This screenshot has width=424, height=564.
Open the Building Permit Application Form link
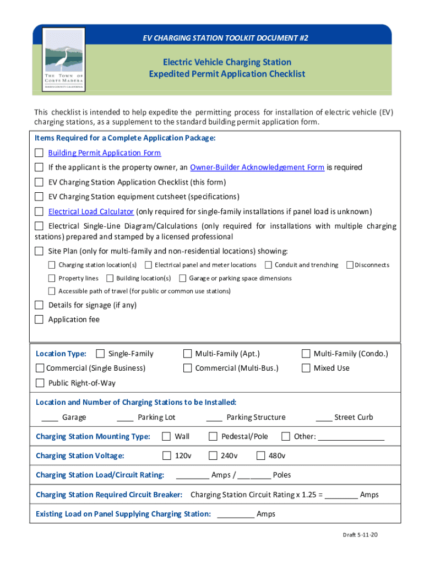[x=105, y=153]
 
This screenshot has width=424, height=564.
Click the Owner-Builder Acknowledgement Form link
[x=257, y=167]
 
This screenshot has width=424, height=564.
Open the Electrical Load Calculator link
[x=91, y=211]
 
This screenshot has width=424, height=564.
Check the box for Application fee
[x=39, y=319]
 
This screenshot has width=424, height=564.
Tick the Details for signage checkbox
[x=39, y=305]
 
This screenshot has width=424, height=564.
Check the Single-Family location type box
[x=100, y=354]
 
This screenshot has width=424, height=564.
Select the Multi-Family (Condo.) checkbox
[x=306, y=354]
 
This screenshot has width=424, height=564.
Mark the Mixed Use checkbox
[x=306, y=368]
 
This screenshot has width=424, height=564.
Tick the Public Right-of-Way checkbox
[x=40, y=383]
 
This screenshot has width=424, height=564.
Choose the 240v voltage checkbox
[x=213, y=455]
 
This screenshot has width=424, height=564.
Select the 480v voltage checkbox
[x=261, y=455]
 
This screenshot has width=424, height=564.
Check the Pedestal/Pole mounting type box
[x=213, y=437]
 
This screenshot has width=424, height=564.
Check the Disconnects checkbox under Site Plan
[x=350, y=265]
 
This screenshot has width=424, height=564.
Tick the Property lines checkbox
[x=52, y=278]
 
